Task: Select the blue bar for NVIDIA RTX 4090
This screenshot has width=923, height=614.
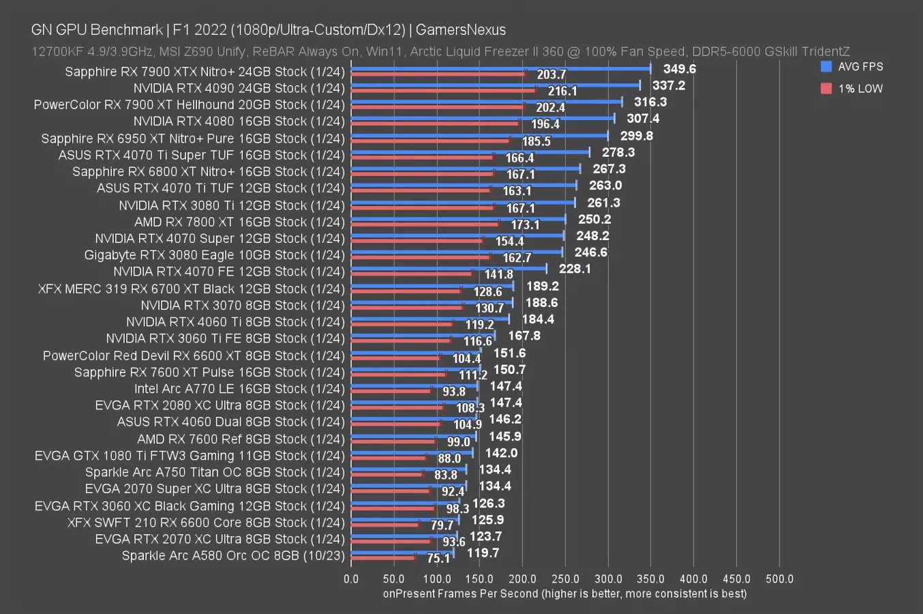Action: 495,85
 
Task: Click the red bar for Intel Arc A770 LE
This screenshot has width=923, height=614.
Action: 391,392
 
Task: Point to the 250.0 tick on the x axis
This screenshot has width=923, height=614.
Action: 565,579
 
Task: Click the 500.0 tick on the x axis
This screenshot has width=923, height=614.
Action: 779,579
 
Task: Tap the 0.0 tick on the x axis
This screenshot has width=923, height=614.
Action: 351,579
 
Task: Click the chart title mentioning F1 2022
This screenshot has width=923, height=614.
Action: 269,30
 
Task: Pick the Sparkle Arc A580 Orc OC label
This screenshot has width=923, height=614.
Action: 233,555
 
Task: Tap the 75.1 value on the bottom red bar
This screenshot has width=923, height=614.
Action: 438,558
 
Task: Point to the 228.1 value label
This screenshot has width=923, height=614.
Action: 574,269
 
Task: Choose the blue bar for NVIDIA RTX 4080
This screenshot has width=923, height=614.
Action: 483,118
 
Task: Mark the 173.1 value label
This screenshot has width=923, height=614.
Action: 525,224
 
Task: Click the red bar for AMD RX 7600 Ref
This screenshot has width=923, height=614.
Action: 393,441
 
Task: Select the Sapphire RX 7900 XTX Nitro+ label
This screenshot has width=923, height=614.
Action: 205,72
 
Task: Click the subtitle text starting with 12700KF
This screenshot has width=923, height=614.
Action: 440,51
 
